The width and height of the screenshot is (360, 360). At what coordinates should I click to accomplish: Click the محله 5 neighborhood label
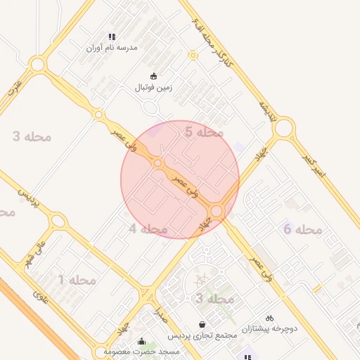[x=204, y=131]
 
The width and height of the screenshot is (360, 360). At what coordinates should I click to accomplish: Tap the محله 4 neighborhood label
[x=148, y=229]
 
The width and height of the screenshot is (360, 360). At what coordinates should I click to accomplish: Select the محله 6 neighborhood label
[x=302, y=229]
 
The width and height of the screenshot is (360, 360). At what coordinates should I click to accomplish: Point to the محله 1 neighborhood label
[x=77, y=280]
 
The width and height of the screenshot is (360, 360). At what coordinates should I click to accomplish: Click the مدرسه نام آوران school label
[x=112, y=48]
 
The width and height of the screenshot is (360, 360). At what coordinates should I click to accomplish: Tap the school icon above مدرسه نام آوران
[x=111, y=37]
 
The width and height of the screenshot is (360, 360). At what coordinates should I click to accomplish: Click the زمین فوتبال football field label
[x=154, y=88]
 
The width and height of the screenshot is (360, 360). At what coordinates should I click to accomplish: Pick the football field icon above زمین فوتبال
[x=154, y=76]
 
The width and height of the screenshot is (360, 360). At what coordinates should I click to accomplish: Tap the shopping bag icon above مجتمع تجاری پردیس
[x=202, y=324]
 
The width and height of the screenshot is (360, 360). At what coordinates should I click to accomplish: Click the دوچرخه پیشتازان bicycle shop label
[x=271, y=328]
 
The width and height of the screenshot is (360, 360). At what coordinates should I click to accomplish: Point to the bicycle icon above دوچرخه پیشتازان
[x=270, y=318]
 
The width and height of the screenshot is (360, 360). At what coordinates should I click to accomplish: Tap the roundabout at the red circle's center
[x=158, y=163]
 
